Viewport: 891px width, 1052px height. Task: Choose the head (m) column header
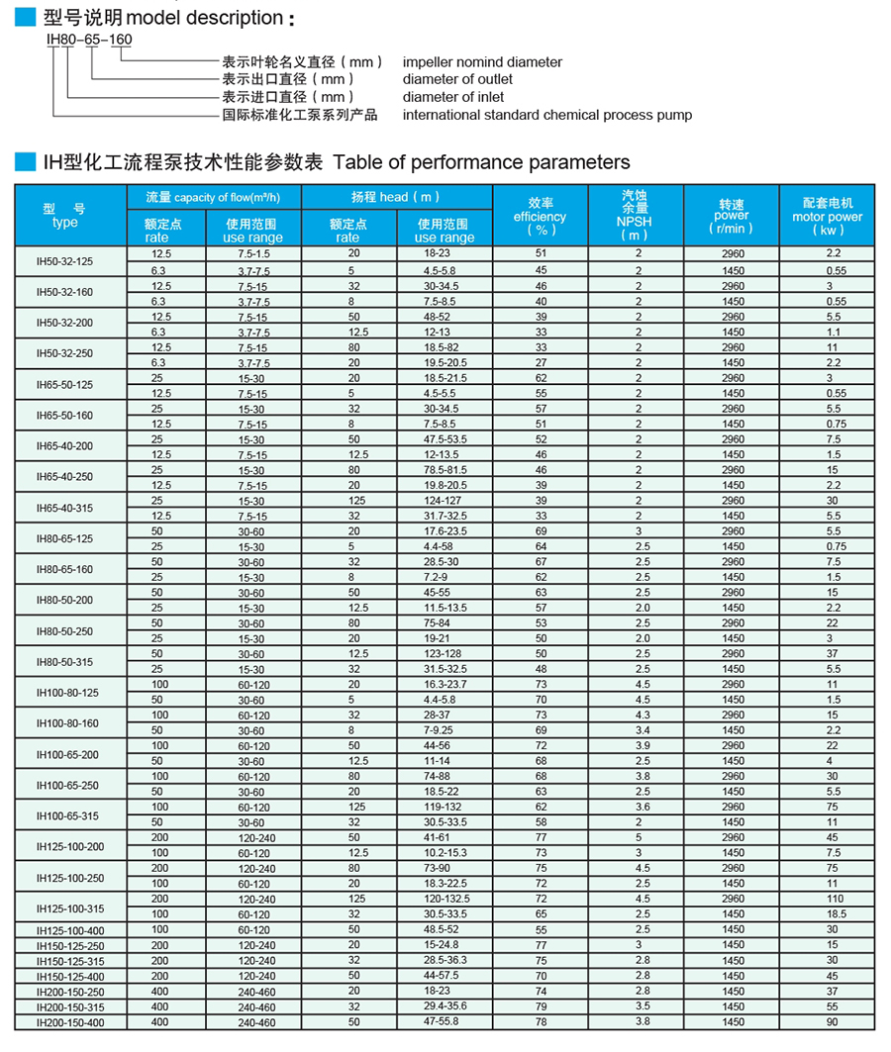pyautogui.click(x=396, y=197)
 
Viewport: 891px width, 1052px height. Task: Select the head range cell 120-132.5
pyautogui.click(x=445, y=900)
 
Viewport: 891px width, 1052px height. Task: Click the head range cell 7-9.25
pyautogui.click(x=445, y=730)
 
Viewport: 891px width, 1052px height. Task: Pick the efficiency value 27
pyautogui.click(x=541, y=363)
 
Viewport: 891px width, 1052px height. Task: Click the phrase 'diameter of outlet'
pyautogui.click(x=457, y=79)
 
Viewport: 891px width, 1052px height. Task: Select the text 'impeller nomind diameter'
pyautogui.click(x=482, y=61)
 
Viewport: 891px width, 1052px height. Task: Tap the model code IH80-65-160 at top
pyautogui.click(x=89, y=40)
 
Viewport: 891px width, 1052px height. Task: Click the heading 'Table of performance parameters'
pyautogui.click(x=481, y=162)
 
